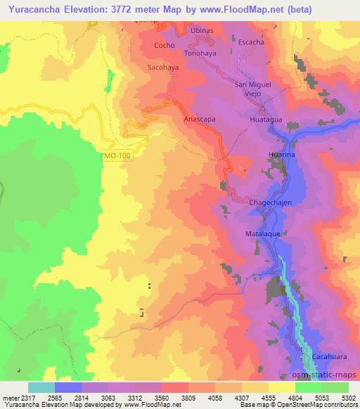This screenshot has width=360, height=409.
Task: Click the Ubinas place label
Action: click(x=200, y=32)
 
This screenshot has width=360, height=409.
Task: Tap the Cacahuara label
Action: click(x=329, y=356)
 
